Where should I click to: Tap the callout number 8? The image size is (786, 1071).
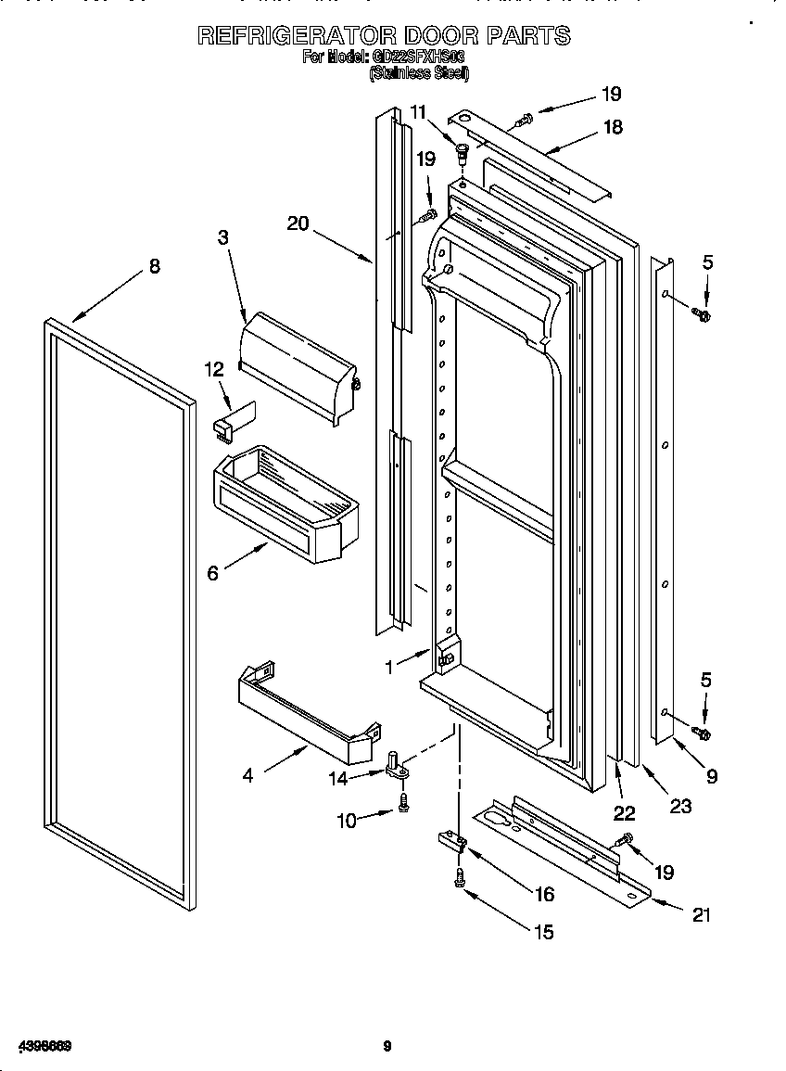click(x=154, y=267)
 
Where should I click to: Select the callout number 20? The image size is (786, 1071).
click(x=298, y=223)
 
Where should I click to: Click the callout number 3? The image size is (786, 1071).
click(x=223, y=237)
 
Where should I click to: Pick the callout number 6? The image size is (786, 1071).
click(x=213, y=574)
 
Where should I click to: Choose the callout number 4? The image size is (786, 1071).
click(x=247, y=775)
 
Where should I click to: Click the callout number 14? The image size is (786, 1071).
click(x=339, y=779)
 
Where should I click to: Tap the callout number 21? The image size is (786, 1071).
click(x=702, y=914)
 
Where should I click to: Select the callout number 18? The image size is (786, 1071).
click(x=613, y=128)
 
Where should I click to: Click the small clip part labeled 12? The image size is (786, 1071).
click(x=232, y=416)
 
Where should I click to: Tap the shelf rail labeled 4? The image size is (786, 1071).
click(x=306, y=705)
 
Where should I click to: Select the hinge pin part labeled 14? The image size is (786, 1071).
click(x=398, y=766)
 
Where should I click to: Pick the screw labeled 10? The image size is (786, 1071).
click(x=404, y=806)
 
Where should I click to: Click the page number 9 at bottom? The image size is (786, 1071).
click(x=387, y=1047)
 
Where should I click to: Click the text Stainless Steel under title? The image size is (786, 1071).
click(x=419, y=73)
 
